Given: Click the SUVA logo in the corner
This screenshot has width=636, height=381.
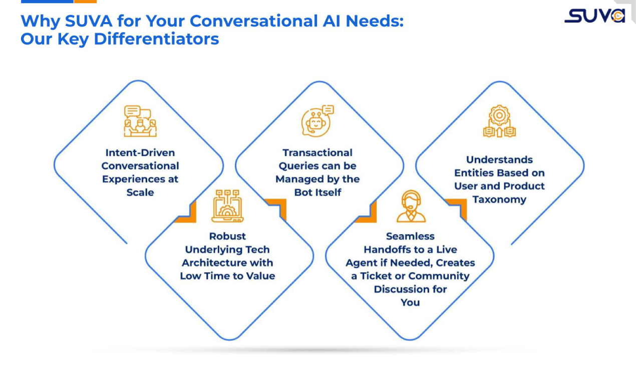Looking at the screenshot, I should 594,16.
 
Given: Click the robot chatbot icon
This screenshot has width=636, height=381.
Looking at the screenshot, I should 317,121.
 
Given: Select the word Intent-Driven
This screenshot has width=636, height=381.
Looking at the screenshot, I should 140,152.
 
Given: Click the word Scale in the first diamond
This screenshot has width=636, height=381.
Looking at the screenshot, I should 140,192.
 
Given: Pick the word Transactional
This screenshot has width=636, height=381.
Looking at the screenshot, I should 317,152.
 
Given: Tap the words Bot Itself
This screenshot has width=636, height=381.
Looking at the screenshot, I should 317,192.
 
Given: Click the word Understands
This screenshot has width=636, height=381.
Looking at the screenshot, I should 499,159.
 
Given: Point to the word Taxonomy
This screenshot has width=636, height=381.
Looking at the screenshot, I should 499,199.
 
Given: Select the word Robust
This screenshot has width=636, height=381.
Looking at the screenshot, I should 227,236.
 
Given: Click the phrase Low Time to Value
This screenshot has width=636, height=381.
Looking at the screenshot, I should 227,276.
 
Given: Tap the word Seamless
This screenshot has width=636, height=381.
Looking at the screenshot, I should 410,236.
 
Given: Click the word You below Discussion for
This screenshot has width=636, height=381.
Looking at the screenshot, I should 410,302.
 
